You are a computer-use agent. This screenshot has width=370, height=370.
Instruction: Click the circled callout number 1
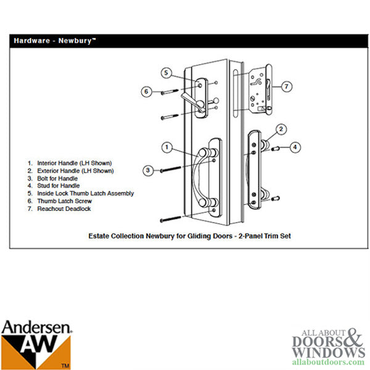pyautogui.click(x=166, y=147)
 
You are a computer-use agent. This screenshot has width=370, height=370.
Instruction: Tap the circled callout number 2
pyautogui.click(x=281, y=129)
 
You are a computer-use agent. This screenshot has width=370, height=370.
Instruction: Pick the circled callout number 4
pyautogui.click(x=295, y=147)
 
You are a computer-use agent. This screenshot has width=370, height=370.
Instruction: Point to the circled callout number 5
pyautogui.click(x=166, y=72)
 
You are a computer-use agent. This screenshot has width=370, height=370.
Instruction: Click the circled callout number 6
pyautogui.click(x=146, y=91)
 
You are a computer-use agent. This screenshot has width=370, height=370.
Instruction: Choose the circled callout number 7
pyautogui.click(x=287, y=86)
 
